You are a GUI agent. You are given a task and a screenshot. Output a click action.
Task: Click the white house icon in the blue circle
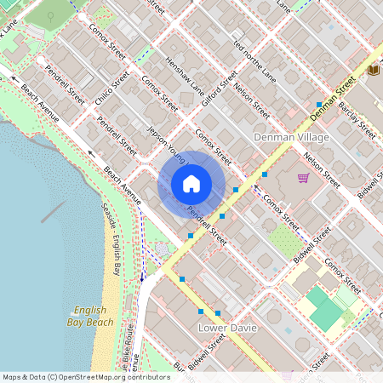pyautogui.click(x=191, y=184)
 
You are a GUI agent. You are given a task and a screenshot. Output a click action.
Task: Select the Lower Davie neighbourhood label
pyautogui.click(x=226, y=327)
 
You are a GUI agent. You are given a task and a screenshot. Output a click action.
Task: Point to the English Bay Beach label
pyautogui.click(x=90, y=316)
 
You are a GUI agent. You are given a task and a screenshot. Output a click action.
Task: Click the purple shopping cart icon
pyautogui.click(x=303, y=178)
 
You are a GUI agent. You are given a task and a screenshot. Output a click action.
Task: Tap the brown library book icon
pyautogui.click(x=374, y=71)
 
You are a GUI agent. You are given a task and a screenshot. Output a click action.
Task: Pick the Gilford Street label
pyautogui.click(x=219, y=94)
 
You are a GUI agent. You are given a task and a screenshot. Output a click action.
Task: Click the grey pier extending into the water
pyautogui.click(x=53, y=211)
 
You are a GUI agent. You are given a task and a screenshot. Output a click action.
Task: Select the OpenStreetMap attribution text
pyautogui.click(x=85, y=376)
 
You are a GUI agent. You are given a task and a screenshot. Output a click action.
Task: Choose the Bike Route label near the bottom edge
pyautogui.click(x=130, y=351)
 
